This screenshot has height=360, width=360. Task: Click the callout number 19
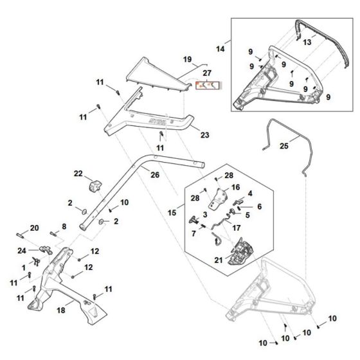click(188, 60)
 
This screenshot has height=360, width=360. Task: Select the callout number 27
click(207, 73)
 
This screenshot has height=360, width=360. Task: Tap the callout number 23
click(205, 135)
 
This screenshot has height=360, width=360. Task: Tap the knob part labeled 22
click(95, 186)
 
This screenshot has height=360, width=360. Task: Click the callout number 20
click(35, 228)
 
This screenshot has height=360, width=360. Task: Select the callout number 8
click(64, 226)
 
